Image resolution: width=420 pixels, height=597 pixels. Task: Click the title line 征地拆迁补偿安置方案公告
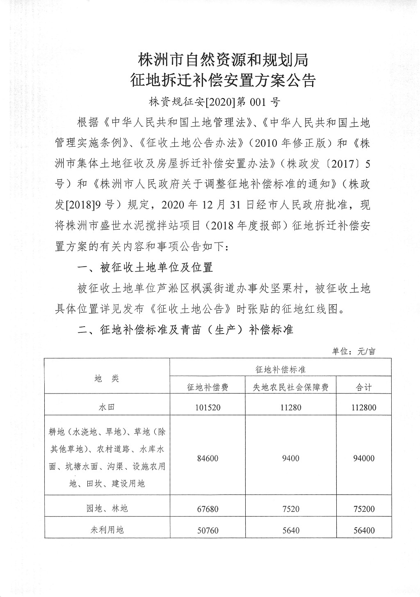point(223,80)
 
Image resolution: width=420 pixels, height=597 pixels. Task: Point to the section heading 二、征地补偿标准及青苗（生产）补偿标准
point(185,329)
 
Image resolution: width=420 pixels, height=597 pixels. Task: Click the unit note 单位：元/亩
point(353,351)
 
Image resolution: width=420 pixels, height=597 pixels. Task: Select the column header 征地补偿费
point(208,387)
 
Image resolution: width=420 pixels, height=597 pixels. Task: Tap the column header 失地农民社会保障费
point(290,387)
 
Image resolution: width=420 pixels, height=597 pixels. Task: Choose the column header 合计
point(364,387)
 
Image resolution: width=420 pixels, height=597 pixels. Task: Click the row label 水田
point(107,407)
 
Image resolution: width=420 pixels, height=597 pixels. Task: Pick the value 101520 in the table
point(208,407)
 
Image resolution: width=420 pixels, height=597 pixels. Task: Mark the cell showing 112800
point(364,407)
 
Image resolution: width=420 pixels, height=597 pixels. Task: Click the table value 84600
point(208,458)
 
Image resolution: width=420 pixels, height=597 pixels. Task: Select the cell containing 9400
point(290,458)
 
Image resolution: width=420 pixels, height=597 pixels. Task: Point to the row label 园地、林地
point(107,508)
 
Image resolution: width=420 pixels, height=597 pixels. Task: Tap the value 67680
point(208,509)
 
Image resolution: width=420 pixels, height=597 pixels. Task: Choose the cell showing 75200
point(364,509)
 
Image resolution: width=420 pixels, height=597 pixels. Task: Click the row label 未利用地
point(107,530)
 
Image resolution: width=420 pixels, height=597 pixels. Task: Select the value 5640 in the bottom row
point(290,530)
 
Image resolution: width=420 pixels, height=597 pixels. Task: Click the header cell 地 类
point(107,378)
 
